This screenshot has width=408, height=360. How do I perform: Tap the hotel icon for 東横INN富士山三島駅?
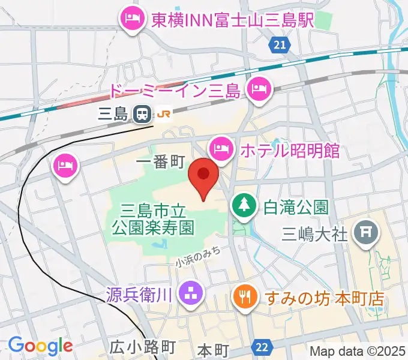tap(130, 19)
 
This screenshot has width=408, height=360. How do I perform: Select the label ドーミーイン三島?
tap(175, 91)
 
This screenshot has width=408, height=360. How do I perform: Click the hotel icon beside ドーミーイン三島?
tap(260, 90)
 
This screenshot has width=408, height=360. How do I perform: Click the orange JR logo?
tap(164, 112)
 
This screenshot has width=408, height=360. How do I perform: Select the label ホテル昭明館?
tap(289, 150)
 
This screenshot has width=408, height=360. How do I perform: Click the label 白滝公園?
tap(296, 208)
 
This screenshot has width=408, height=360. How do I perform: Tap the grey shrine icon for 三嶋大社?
tap(364, 231)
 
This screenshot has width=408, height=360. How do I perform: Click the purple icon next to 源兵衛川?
tap(193, 294)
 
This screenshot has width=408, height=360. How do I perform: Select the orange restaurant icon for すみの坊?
tap(244, 296)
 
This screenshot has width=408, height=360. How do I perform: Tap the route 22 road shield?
tap(262, 347)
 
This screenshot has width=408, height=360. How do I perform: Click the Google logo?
tap(40, 346)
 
